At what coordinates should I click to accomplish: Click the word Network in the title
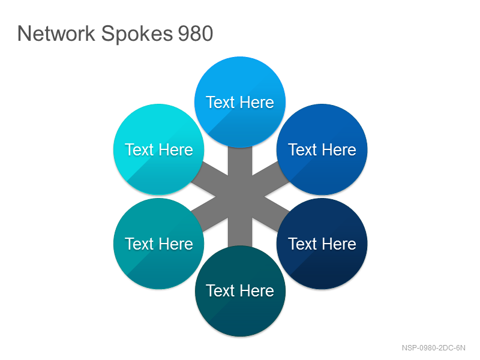point(56,34)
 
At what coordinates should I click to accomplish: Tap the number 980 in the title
point(196,34)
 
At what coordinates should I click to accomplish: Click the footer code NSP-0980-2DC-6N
point(433,348)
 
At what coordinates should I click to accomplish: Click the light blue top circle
point(240,102)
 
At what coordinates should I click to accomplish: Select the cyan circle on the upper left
point(159,149)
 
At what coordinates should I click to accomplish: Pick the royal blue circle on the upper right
point(322,149)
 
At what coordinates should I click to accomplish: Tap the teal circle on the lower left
point(159,244)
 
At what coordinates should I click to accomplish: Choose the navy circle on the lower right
point(322,244)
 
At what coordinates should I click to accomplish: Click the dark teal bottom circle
point(240,291)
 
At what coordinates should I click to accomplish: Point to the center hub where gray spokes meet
point(240,197)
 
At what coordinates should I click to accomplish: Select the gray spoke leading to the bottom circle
point(240,229)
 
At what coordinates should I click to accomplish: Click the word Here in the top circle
point(257,102)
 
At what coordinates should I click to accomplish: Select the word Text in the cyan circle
point(139,149)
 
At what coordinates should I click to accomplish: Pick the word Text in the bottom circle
point(220,291)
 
